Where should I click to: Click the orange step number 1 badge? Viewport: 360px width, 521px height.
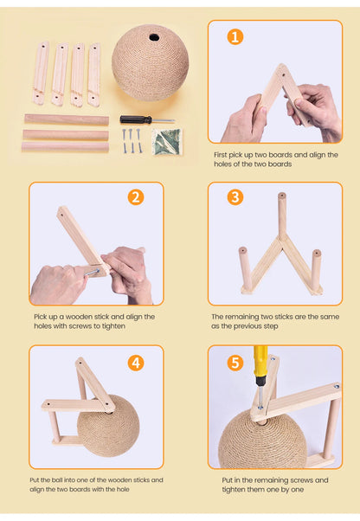click(235, 36)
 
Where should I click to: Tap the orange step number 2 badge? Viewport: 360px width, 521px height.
click(136, 197)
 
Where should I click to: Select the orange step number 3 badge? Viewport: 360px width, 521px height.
click(235, 197)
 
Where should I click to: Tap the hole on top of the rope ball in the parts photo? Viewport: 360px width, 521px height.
click(152, 37)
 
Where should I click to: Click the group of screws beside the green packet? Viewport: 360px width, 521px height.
click(131, 138)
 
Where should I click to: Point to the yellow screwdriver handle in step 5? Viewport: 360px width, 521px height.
click(259, 363)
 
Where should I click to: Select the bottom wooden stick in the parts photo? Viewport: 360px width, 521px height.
click(65, 146)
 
